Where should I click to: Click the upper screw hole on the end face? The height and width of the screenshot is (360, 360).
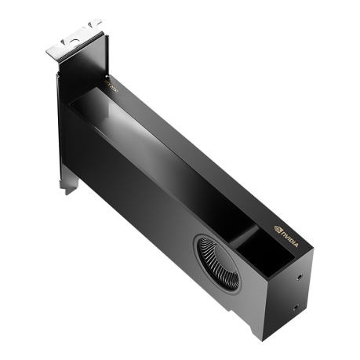click(x=301, y=276)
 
